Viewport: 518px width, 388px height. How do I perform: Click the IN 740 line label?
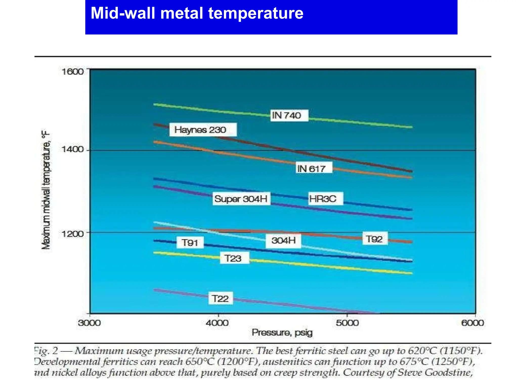click(x=289, y=116)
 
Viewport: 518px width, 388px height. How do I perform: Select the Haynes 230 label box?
click(x=203, y=130)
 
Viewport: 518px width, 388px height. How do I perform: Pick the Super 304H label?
click(x=241, y=199)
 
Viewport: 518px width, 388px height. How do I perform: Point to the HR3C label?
click(x=326, y=199)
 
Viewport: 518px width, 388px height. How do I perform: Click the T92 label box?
click(x=375, y=239)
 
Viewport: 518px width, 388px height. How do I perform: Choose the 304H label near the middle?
click(x=283, y=240)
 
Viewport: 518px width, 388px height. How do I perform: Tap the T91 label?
click(x=190, y=243)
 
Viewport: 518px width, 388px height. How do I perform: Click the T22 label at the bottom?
click(x=220, y=299)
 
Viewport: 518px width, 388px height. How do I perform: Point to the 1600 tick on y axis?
click(x=72, y=72)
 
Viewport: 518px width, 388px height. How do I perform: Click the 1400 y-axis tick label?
click(x=72, y=149)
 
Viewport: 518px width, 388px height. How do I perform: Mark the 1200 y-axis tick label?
click(x=72, y=234)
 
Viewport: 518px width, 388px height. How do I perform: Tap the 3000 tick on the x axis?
click(x=89, y=323)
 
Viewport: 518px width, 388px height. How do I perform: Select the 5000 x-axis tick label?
click(x=347, y=323)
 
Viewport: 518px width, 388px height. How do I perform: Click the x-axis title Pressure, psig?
click(x=282, y=333)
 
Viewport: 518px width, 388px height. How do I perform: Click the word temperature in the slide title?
click(x=255, y=13)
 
